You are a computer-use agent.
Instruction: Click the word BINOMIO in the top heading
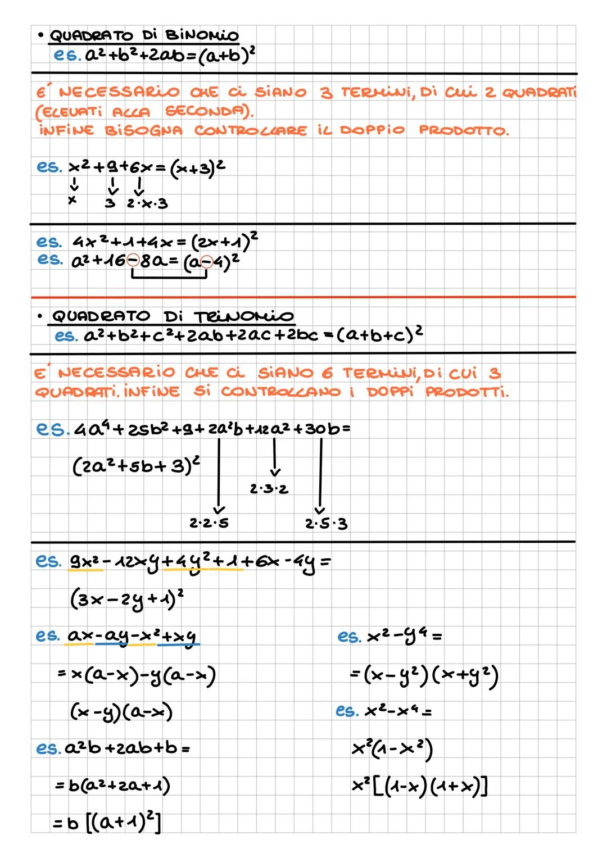pos(202,35)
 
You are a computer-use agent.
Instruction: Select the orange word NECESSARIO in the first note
pos(119,92)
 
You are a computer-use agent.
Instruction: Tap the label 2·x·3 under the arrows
pos(147,203)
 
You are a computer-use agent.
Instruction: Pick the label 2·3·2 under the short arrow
pos(269,489)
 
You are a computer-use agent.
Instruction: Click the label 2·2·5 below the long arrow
pos(209,523)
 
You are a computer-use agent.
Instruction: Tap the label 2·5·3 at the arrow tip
pos(326,524)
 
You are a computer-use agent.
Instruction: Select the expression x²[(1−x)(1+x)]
pos(419,786)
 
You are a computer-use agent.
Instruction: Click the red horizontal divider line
pos(303,297)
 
